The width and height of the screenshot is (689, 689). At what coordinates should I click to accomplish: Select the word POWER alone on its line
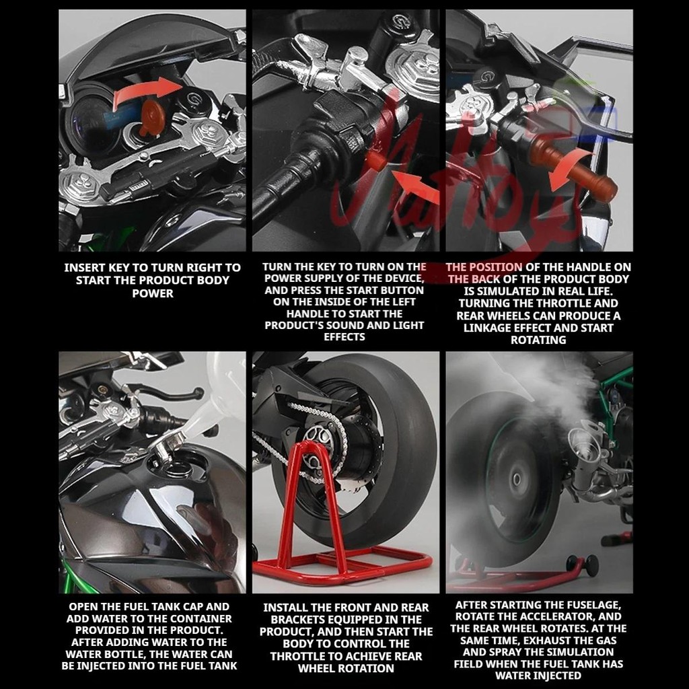(153, 293)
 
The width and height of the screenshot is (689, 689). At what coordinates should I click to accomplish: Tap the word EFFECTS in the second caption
(344, 337)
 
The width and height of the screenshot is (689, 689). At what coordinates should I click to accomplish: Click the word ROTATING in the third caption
(538, 340)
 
